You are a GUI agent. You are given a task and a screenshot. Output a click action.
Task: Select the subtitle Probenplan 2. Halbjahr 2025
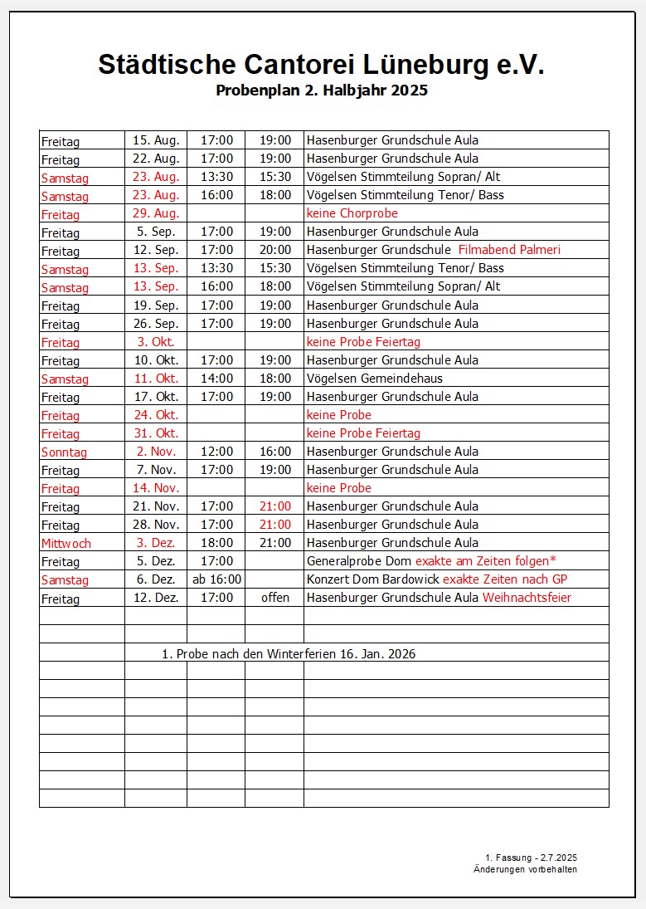click(322, 90)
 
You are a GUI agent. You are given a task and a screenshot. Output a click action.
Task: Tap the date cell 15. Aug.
click(156, 140)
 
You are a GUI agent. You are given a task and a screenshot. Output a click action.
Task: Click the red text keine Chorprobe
click(352, 213)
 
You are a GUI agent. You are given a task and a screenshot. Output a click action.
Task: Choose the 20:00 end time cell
click(275, 250)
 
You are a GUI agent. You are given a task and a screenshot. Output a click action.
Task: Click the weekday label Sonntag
click(64, 452)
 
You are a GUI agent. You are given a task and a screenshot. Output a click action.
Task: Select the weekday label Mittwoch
click(66, 544)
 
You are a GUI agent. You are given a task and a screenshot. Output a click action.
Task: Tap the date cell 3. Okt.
click(156, 341)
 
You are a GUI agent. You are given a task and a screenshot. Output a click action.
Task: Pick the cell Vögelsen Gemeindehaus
click(375, 378)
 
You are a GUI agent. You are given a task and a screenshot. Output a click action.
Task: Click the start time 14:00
click(216, 378)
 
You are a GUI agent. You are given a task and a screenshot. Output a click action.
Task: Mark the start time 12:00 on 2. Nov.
click(216, 451)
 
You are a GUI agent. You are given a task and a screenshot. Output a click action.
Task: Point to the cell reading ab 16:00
click(216, 579)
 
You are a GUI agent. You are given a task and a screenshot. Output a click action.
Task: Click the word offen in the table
click(275, 597)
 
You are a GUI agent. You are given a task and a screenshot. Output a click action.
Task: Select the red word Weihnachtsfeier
click(527, 597)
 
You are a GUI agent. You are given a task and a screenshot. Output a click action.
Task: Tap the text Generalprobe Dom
click(359, 561)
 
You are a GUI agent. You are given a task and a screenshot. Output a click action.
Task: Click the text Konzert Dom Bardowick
click(373, 579)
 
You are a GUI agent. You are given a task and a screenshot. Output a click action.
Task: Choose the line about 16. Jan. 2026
click(289, 654)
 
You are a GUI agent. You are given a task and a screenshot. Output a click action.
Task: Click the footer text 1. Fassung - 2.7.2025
click(531, 857)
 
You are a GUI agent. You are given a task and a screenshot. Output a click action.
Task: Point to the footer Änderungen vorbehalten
click(525, 869)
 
